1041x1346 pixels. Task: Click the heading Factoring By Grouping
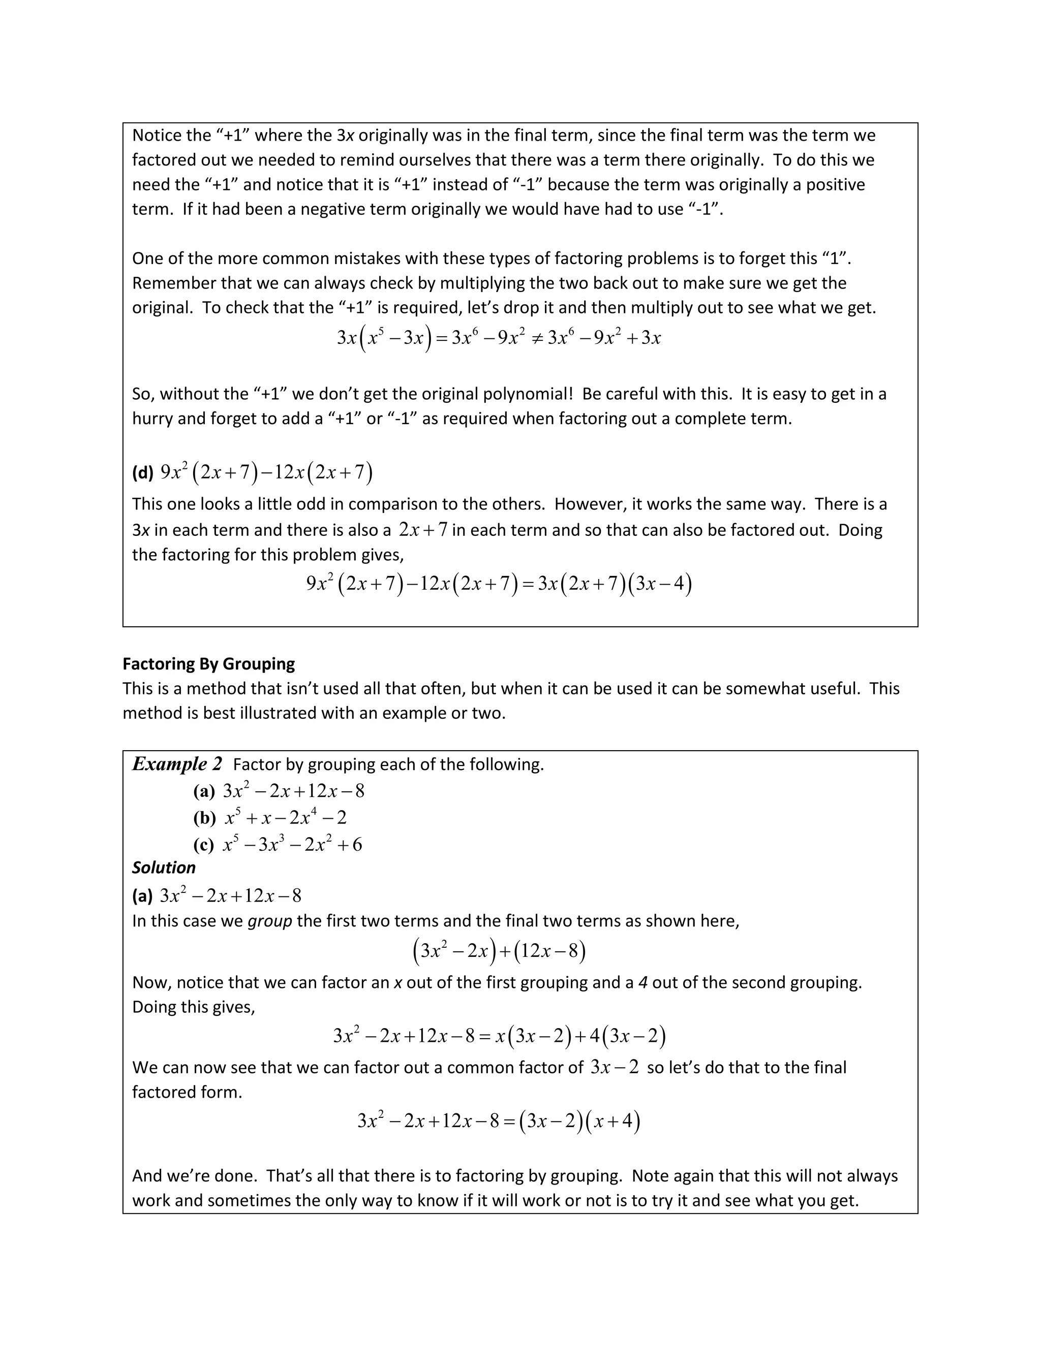[x=208, y=664]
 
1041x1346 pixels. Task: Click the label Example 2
[x=176, y=764]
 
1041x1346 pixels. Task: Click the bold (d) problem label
[x=142, y=473]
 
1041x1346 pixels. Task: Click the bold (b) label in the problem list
[x=204, y=818]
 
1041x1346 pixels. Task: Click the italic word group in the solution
[x=269, y=921]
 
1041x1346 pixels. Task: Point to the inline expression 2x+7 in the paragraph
[x=422, y=529]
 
